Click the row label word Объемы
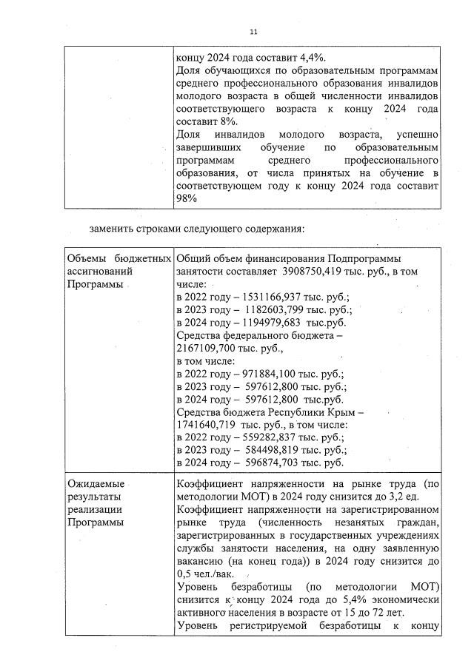coord(87,258)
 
